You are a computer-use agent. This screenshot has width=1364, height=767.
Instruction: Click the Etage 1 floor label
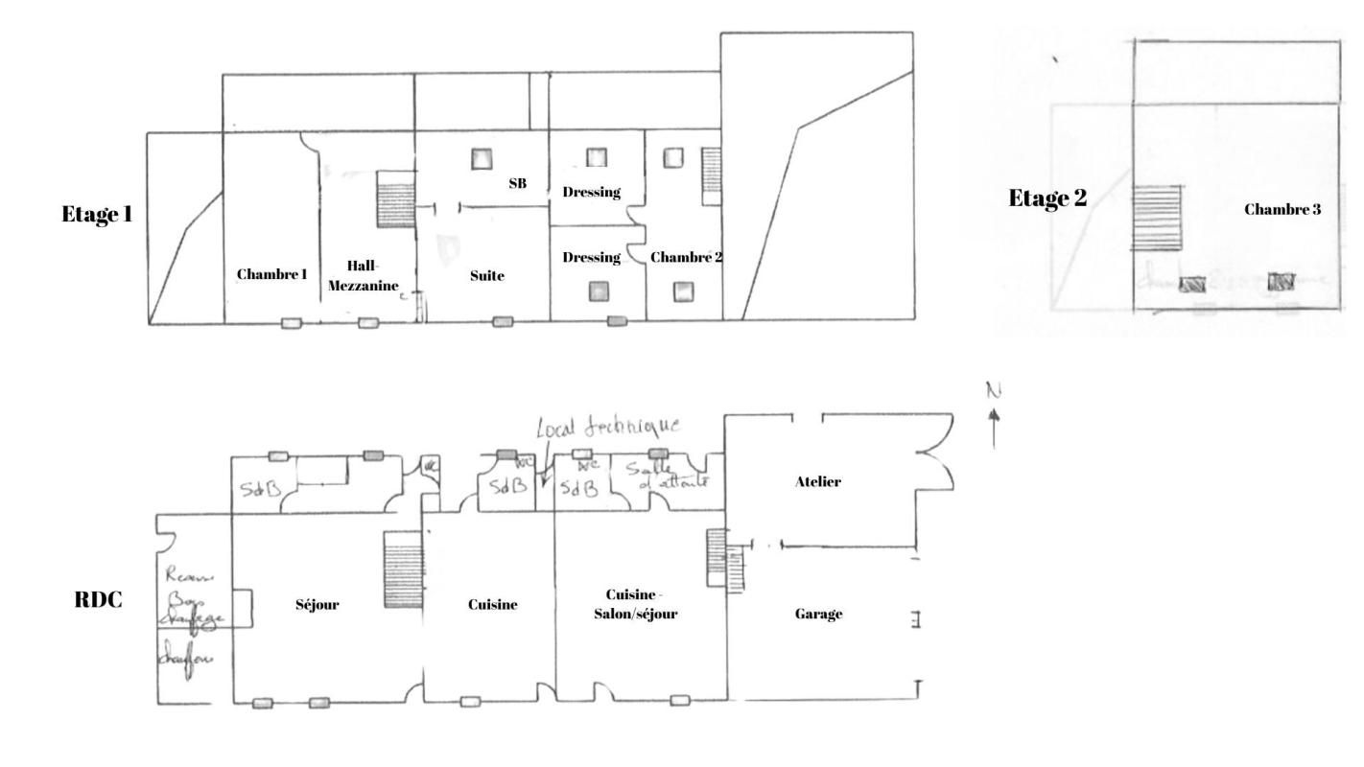point(97,213)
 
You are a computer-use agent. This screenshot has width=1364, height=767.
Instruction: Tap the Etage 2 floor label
point(1047,198)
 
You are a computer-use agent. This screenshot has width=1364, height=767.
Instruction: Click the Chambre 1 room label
point(271,274)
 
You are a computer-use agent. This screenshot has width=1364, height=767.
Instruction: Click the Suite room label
point(489,275)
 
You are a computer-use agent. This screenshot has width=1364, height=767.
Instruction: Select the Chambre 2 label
point(686,257)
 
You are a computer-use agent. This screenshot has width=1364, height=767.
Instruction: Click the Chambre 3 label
point(1282,209)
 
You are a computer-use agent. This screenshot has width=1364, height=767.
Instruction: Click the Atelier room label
point(818,482)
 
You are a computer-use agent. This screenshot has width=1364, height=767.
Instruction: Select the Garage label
point(818,615)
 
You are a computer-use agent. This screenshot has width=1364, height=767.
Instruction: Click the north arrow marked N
point(993,412)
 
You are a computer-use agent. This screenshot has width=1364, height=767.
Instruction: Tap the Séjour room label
point(317,604)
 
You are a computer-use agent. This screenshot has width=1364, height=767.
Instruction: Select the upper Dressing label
point(591,192)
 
